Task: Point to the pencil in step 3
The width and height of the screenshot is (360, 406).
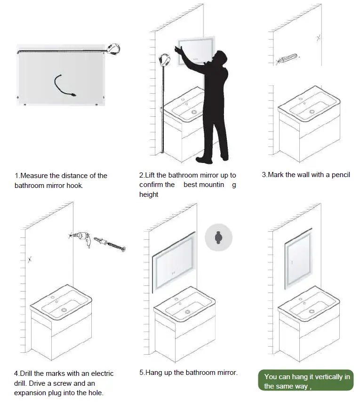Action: pos(287,59)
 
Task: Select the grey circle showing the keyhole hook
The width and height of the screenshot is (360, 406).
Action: pos(218,237)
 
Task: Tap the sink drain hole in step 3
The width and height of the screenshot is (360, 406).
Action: pos(312,112)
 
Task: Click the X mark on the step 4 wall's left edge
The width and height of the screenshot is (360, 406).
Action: pos(30,259)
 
